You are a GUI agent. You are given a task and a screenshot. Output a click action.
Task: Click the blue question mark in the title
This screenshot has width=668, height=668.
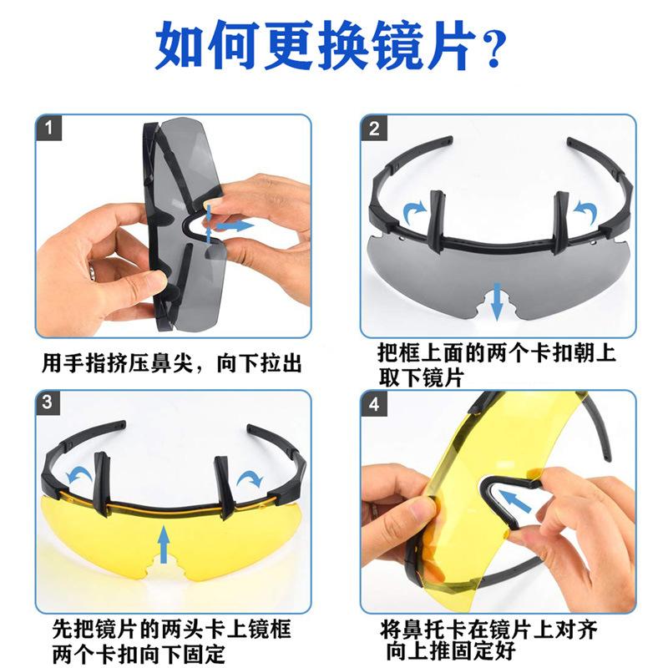tap(493, 48)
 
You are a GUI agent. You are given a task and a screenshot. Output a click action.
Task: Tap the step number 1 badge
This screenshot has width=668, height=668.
tap(48, 128)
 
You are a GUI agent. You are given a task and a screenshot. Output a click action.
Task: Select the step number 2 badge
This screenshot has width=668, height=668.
tap(373, 128)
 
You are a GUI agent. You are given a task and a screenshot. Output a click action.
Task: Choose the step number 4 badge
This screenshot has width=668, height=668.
tap(373, 402)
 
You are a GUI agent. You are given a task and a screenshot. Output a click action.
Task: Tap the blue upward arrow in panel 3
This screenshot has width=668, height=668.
tap(164, 544)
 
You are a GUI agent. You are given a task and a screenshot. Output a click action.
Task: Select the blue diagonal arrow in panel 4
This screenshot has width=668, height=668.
tap(514, 500)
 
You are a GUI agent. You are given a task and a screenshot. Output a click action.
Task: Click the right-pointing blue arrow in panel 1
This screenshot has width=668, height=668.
tap(235, 225)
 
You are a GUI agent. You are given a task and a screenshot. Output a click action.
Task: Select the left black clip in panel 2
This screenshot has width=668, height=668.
tap(437, 221)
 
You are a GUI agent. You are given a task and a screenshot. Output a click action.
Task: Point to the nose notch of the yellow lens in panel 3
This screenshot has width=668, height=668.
tap(164, 571)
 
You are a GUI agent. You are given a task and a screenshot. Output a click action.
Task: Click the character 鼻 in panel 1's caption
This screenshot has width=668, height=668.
tap(161, 363)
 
